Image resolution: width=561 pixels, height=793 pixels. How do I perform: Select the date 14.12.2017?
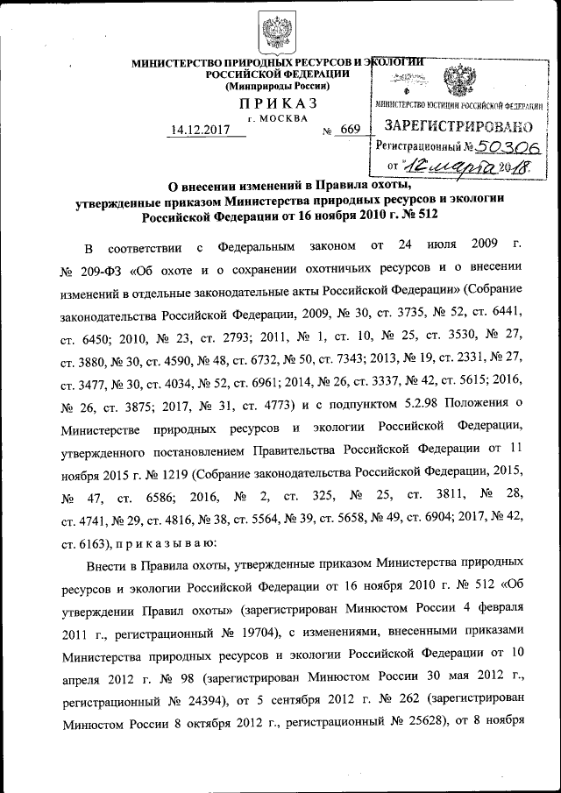[200, 131]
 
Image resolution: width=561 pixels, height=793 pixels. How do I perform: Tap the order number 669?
[350, 131]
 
